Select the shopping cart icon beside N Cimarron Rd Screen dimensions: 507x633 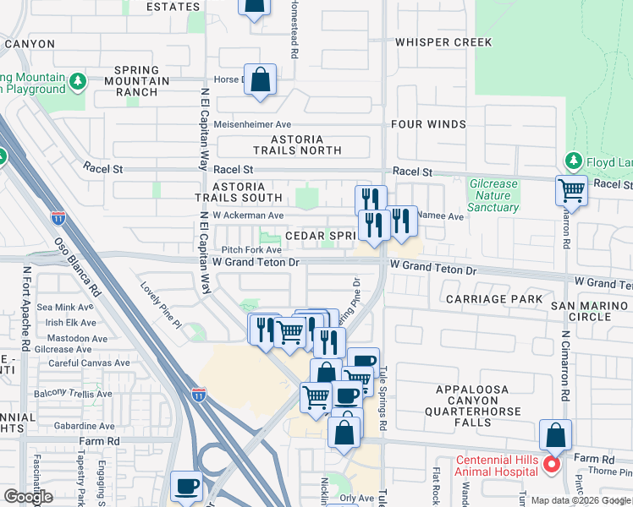(x=572, y=190)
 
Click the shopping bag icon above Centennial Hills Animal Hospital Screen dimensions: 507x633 (x=555, y=436)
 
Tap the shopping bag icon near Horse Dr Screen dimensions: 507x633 (x=261, y=81)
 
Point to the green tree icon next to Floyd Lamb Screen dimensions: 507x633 (x=573, y=161)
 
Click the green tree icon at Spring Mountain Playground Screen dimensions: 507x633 (x=78, y=82)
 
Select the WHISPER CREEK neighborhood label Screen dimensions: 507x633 (x=443, y=42)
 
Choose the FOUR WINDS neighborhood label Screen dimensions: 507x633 (x=428, y=124)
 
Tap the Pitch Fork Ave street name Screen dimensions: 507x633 (x=251, y=250)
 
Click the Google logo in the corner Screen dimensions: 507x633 (x=28, y=497)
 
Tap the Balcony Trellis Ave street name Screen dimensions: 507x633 (x=73, y=394)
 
